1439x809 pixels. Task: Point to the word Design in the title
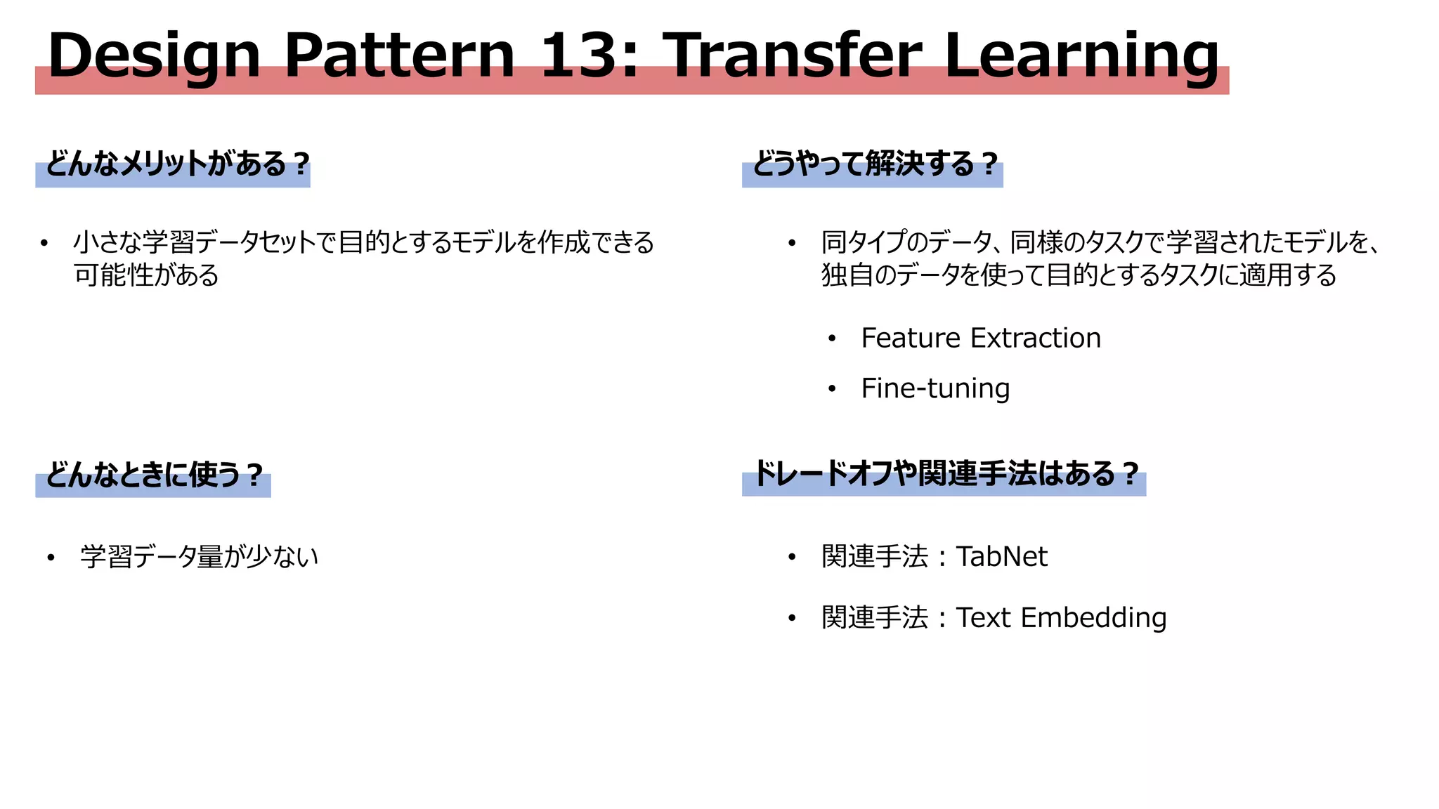[154, 56]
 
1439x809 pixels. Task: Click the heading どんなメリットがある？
[178, 164]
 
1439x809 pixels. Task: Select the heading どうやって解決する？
[875, 164]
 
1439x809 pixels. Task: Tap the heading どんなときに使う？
[154, 475]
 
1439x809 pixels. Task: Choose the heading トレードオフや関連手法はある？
[946, 474]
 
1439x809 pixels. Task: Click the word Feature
[911, 338]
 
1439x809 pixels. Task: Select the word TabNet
[1001, 557]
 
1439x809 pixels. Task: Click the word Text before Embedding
[983, 618]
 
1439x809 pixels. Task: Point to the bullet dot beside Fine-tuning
[832, 389]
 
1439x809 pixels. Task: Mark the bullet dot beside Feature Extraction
[832, 339]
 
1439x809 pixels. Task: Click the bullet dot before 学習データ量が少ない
[51, 558]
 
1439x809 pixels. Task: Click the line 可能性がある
[146, 275]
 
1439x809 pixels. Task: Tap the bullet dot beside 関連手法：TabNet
[792, 558]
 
